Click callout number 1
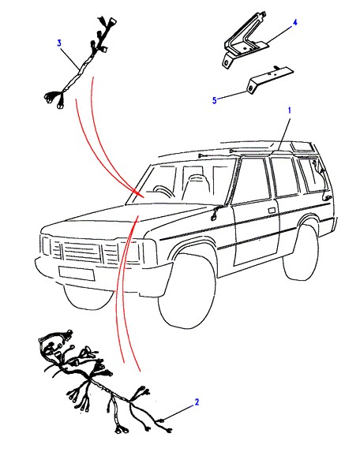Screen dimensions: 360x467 tap(289, 110)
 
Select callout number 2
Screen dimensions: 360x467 tap(197, 402)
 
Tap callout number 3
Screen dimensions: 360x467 tap(59, 43)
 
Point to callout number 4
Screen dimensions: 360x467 tap(294, 22)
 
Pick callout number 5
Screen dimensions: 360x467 tap(214, 100)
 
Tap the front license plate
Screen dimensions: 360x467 tap(77, 273)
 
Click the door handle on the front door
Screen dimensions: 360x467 tap(272, 211)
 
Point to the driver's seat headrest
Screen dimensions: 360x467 tap(195, 178)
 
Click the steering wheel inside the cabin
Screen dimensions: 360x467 tap(163, 192)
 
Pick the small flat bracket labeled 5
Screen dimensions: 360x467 tap(270, 78)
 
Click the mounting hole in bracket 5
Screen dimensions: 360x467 tap(252, 88)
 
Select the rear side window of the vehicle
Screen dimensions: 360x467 tap(313, 176)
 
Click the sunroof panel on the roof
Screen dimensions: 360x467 tap(302, 146)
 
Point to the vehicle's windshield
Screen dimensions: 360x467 tap(182, 181)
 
